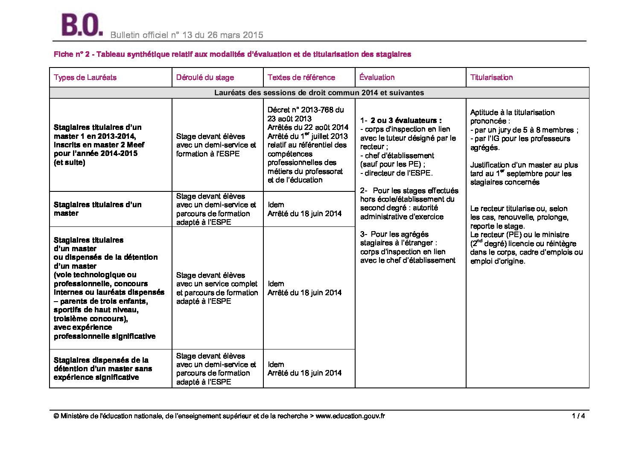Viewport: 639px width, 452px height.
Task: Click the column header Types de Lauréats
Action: point(85,77)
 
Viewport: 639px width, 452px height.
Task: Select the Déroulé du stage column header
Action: point(205,77)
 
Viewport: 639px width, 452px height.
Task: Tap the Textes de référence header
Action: point(301,77)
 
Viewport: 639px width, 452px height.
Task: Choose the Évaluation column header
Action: point(377,77)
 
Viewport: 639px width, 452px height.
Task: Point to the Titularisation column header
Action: point(491,77)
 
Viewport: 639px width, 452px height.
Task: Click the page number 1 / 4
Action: point(578,416)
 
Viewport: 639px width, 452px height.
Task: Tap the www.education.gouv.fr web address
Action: point(350,416)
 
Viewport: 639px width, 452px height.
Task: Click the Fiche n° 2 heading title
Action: point(232,54)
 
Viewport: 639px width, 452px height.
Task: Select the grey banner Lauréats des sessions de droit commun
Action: point(319,92)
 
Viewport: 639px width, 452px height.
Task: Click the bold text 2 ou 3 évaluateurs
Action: point(406,120)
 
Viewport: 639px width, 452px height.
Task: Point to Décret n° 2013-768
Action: point(305,110)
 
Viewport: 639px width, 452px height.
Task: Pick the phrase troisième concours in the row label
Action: point(90,319)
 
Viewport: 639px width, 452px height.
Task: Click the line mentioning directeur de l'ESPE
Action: point(396,173)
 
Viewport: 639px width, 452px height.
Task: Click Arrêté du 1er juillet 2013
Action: point(307,136)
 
